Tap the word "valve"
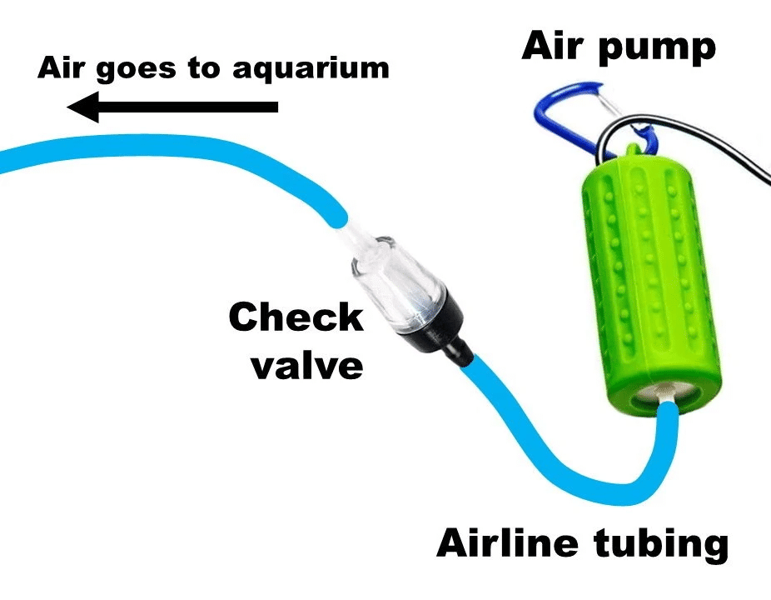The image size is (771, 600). [x=306, y=366]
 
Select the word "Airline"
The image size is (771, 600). [x=507, y=544]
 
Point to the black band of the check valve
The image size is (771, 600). [x=423, y=320]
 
